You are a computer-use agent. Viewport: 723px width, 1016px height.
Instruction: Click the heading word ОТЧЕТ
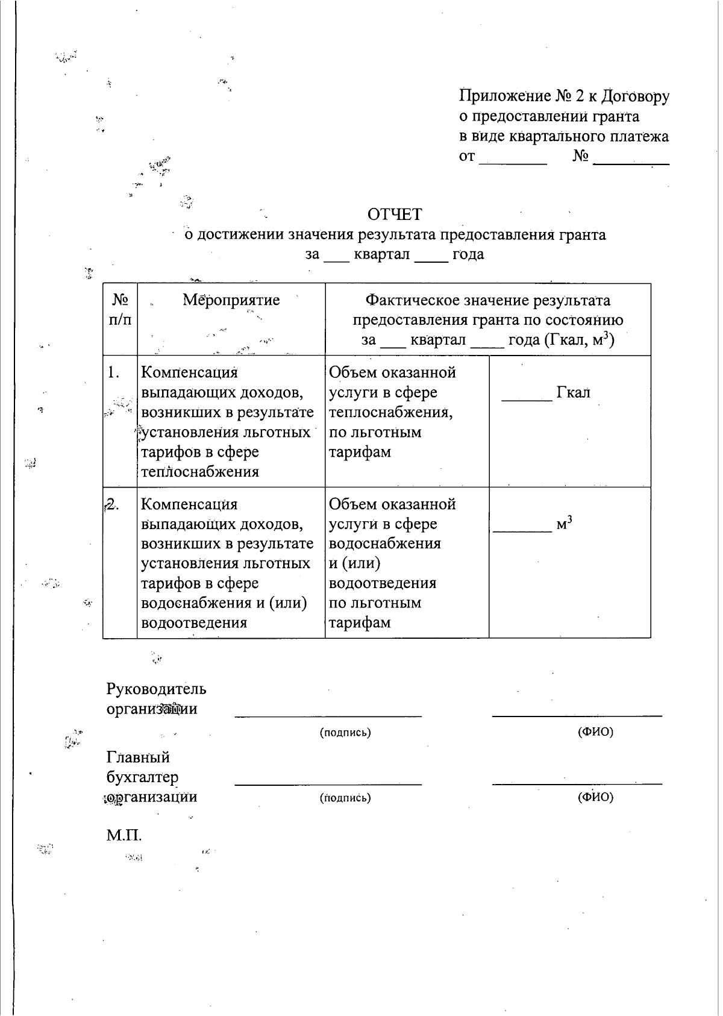[x=395, y=215]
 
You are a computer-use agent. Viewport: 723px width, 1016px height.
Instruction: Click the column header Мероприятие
[x=231, y=300]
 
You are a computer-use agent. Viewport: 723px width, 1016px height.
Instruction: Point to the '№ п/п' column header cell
[x=120, y=310]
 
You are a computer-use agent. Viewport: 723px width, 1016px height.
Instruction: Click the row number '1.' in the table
[x=114, y=373]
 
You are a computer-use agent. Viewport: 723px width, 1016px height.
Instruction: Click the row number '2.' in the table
[x=112, y=505]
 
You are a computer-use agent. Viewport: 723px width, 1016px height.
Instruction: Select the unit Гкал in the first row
[x=573, y=393]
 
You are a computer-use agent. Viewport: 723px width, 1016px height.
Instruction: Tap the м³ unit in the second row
[x=564, y=524]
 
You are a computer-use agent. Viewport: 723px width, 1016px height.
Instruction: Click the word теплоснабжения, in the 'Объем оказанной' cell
[x=390, y=413]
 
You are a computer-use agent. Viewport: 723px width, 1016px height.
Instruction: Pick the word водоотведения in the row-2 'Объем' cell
[x=383, y=583]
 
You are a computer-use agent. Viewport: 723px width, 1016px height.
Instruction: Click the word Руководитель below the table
[x=156, y=689]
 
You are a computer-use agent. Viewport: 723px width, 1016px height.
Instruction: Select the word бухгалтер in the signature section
[x=142, y=777]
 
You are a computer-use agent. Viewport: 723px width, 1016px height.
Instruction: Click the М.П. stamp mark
[x=124, y=836]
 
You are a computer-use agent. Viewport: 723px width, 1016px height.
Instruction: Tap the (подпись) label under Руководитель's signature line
[x=345, y=733]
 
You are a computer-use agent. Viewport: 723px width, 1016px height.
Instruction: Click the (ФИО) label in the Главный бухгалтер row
[x=595, y=797]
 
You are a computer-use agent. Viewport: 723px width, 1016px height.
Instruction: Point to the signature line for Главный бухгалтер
[x=328, y=784]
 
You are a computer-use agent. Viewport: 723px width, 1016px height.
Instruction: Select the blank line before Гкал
[x=527, y=400]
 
